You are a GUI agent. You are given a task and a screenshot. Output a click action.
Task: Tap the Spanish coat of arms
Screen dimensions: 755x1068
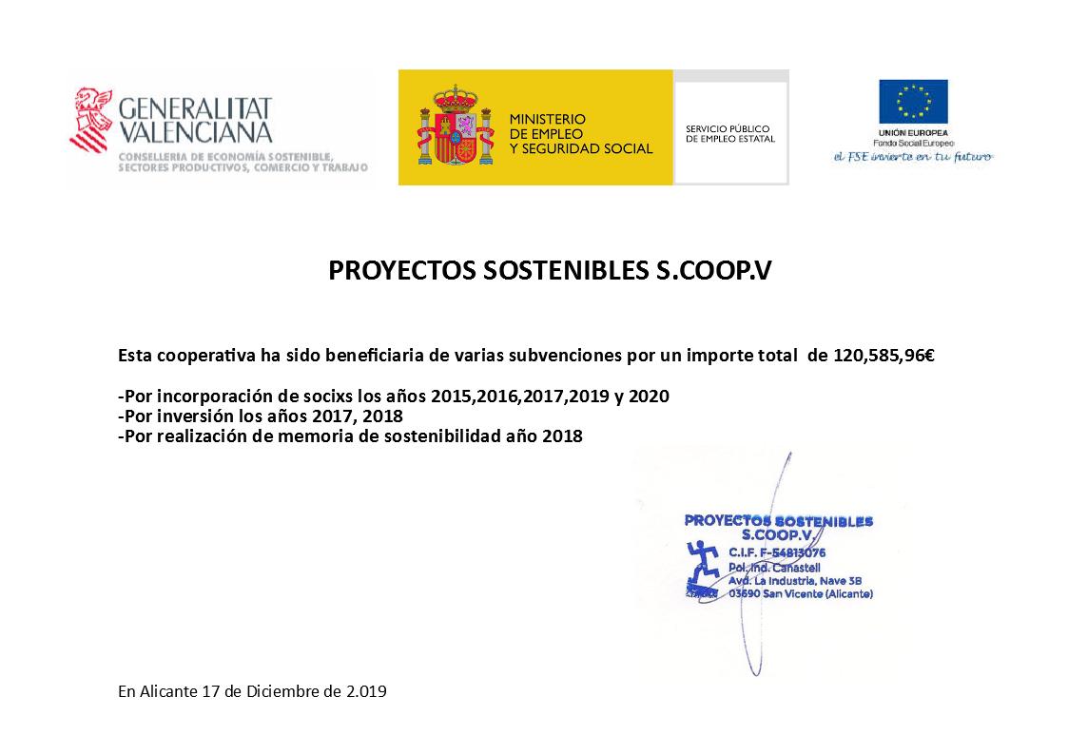pyautogui.click(x=456, y=127)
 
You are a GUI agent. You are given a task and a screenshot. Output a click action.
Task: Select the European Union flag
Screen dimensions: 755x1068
pyautogui.click(x=913, y=102)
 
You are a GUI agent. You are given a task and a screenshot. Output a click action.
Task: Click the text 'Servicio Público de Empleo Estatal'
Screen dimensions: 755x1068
pyautogui.click(x=729, y=133)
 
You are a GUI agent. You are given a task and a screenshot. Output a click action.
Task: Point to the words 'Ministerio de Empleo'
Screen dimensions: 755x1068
pyautogui.click(x=548, y=126)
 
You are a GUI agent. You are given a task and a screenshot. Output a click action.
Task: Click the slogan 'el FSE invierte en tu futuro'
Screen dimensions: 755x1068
pyautogui.click(x=912, y=157)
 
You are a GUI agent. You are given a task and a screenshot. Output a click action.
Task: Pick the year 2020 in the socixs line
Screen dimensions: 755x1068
pyautogui.click(x=650, y=396)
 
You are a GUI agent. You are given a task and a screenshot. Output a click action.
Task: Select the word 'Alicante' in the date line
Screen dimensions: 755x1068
pyautogui.click(x=166, y=692)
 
